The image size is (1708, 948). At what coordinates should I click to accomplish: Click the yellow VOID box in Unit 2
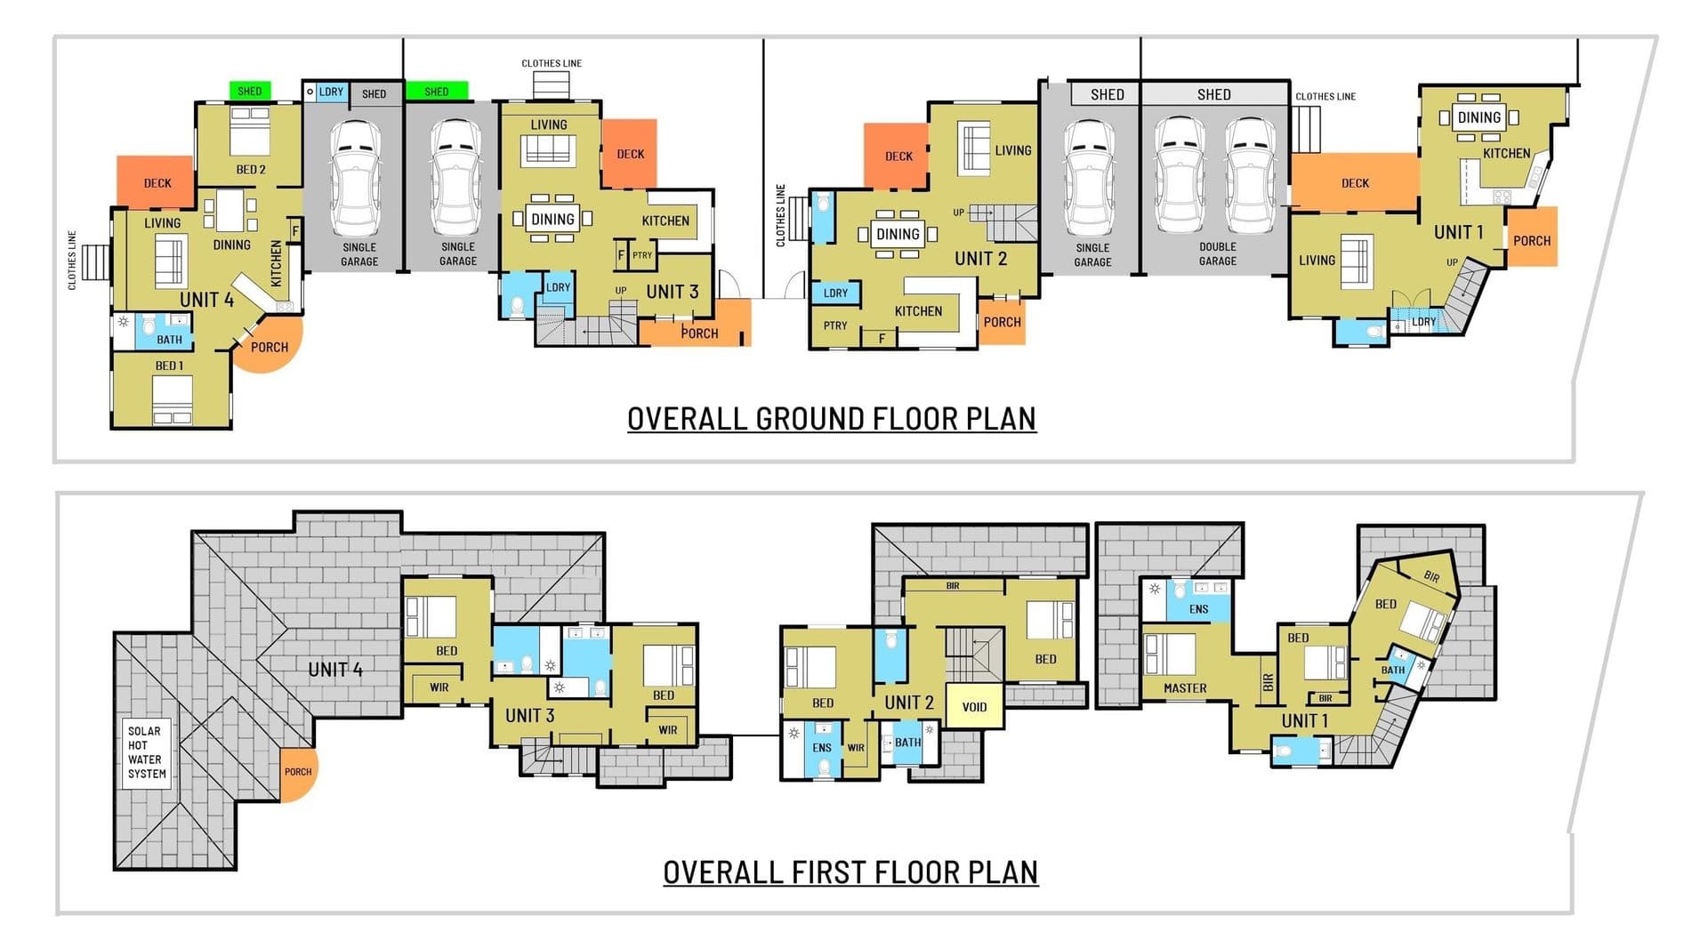(974, 706)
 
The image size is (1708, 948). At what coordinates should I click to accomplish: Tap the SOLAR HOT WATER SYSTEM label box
(146, 752)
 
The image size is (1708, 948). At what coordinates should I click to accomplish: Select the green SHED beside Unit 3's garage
(437, 92)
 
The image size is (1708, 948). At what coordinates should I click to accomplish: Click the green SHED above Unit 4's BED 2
(250, 91)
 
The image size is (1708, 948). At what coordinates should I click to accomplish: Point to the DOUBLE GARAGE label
(1218, 253)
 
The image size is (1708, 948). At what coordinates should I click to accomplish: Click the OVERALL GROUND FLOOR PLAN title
(832, 419)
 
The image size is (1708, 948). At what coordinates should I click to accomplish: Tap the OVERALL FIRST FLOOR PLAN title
(850, 872)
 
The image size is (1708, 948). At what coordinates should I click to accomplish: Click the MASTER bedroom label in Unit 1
(1185, 688)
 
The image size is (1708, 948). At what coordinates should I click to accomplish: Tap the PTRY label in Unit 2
(835, 325)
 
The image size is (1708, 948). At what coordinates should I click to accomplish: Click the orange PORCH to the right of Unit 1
(1532, 237)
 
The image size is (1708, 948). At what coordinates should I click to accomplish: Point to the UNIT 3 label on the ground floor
(672, 292)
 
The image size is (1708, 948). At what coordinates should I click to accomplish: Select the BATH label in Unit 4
(169, 340)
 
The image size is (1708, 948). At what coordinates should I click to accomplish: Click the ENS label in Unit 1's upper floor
(1198, 609)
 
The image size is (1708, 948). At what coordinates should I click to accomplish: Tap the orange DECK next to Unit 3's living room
(630, 154)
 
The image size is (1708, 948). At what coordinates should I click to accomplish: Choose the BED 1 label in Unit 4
(169, 366)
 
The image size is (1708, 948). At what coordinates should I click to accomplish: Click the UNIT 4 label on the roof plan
(335, 670)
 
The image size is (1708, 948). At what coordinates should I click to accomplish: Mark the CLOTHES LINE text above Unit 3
(552, 63)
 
